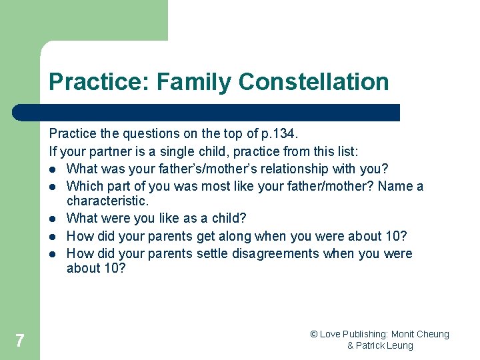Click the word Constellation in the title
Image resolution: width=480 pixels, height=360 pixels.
pyautogui.click(x=313, y=82)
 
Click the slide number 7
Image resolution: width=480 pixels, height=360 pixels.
pyautogui.click(x=19, y=341)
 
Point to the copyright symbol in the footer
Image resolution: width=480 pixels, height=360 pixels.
pyautogui.click(x=314, y=334)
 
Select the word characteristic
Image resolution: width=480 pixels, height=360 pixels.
pyautogui.click(x=106, y=201)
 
